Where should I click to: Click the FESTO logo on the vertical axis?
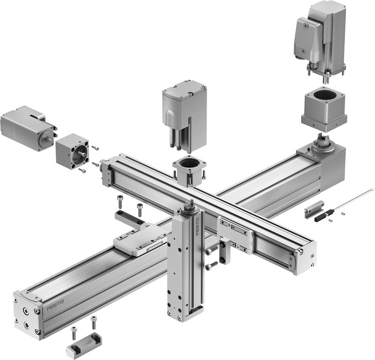(198, 226)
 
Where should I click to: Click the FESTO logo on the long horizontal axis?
(55, 305)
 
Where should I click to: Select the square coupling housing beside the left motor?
(72, 151)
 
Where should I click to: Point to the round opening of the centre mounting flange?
(190, 163)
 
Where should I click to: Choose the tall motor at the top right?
(319, 40)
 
